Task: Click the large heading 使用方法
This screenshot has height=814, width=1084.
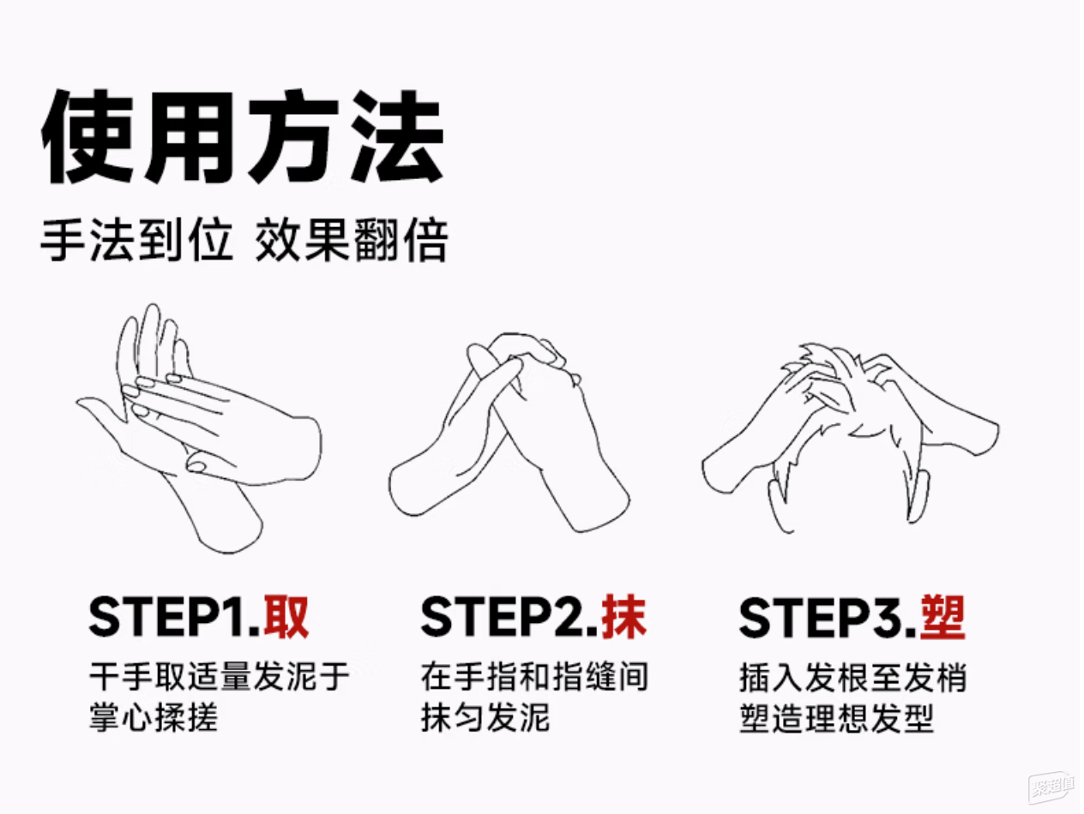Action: pos(243,136)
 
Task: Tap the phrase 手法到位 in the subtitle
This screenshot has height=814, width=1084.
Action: pos(137,240)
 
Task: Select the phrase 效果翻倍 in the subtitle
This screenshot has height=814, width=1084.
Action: pos(352,240)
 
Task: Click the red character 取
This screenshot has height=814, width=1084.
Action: pos(286,617)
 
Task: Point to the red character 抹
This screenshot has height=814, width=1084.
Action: pos(623,617)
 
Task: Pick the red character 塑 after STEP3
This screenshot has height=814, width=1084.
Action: pos(942,617)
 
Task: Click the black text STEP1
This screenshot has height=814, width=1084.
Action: pos(175,618)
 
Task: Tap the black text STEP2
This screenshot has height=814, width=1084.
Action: pos(509,618)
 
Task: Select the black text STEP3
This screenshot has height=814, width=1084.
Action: pos(828,618)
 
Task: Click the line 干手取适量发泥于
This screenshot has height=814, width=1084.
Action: pos(220,676)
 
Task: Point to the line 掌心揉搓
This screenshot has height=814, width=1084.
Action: pos(154,717)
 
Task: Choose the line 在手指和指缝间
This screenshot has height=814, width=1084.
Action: pos(534,676)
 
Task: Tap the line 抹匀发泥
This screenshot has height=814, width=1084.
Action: pos(485,717)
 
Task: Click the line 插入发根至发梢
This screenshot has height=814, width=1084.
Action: pos(853,676)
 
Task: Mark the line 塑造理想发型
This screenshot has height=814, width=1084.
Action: pos(836,717)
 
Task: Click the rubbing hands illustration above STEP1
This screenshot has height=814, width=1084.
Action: pos(198,428)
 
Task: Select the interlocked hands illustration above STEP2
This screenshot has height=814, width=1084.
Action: pos(509,432)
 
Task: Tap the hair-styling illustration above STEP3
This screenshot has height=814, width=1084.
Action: pos(851,438)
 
